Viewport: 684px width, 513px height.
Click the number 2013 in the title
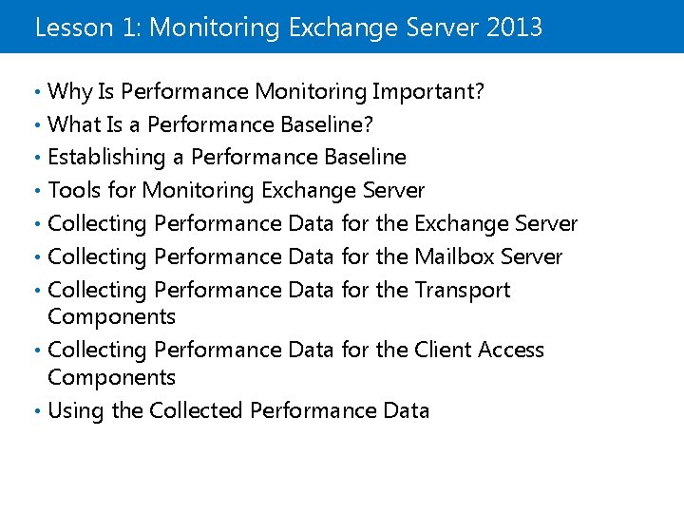[x=514, y=27]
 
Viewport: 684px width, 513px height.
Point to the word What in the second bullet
[x=72, y=124]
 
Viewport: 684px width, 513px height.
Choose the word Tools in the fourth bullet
[x=72, y=190]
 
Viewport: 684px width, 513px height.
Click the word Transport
[x=463, y=290]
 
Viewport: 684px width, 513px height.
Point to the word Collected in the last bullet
[x=196, y=410]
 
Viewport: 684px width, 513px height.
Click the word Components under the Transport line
[x=111, y=316]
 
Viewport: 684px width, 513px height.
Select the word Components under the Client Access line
[x=111, y=377]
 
